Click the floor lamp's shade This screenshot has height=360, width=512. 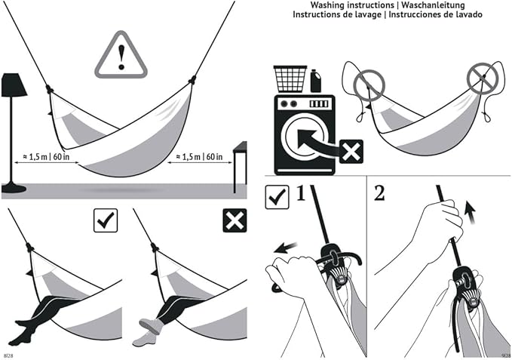14,85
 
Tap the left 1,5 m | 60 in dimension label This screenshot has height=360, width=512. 47,157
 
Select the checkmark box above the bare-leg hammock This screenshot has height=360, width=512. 104,220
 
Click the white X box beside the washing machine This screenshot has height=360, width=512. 351,151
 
